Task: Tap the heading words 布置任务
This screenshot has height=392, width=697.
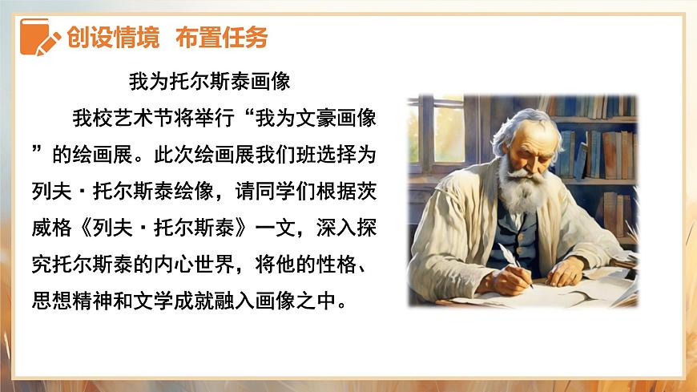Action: [222, 38]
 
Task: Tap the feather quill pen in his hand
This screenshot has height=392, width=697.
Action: [510, 258]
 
